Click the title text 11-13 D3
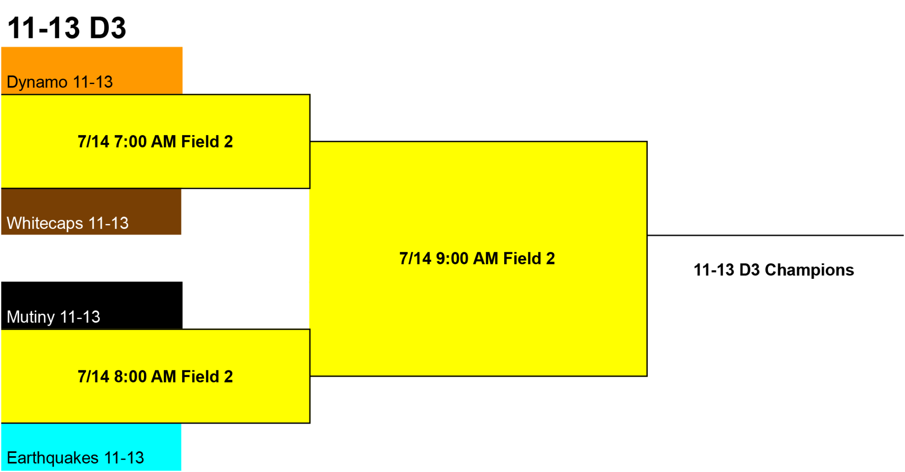click(67, 28)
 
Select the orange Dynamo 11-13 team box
click(91, 70)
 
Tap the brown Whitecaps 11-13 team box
click(91, 212)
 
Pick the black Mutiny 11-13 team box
click(91, 305)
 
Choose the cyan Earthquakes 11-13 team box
click(91, 447)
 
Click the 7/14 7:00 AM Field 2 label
click(155, 142)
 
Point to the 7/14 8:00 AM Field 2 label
click(155, 377)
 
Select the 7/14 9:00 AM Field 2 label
click(477, 259)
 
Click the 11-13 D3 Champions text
click(774, 270)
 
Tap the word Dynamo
click(37, 82)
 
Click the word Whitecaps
click(45, 224)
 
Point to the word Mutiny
click(31, 317)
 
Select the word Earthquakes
click(53, 458)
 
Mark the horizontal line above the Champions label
click(776, 235)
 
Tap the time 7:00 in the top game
click(130, 142)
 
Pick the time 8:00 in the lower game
click(130, 377)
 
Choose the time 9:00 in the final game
click(452, 259)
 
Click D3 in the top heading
click(108, 28)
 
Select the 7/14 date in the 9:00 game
click(415, 259)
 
